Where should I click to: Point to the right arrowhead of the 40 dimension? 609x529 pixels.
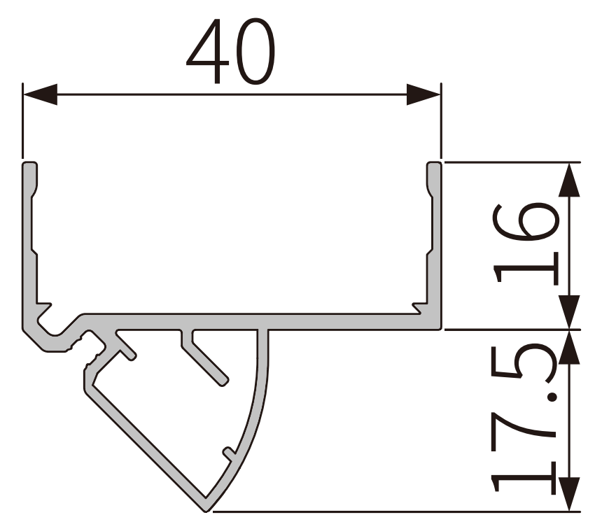(x=423, y=94)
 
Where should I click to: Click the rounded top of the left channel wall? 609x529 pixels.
(x=29, y=165)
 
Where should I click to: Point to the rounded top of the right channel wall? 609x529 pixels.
(x=435, y=165)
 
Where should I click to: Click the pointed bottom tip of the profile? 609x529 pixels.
(x=208, y=507)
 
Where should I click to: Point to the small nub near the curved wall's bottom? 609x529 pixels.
(x=227, y=451)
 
